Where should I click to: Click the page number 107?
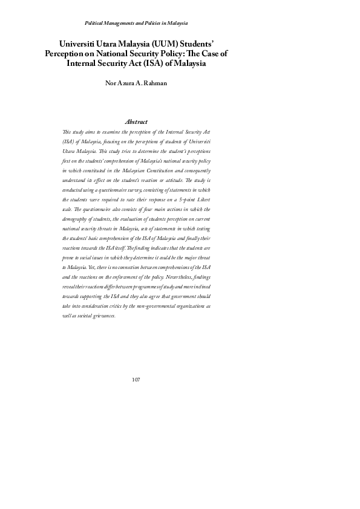(x=136, y=380)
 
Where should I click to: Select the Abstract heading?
(x=136, y=122)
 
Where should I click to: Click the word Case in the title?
(x=210, y=53)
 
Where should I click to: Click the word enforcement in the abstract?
(x=123, y=276)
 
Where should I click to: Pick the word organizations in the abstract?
(x=187, y=306)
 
